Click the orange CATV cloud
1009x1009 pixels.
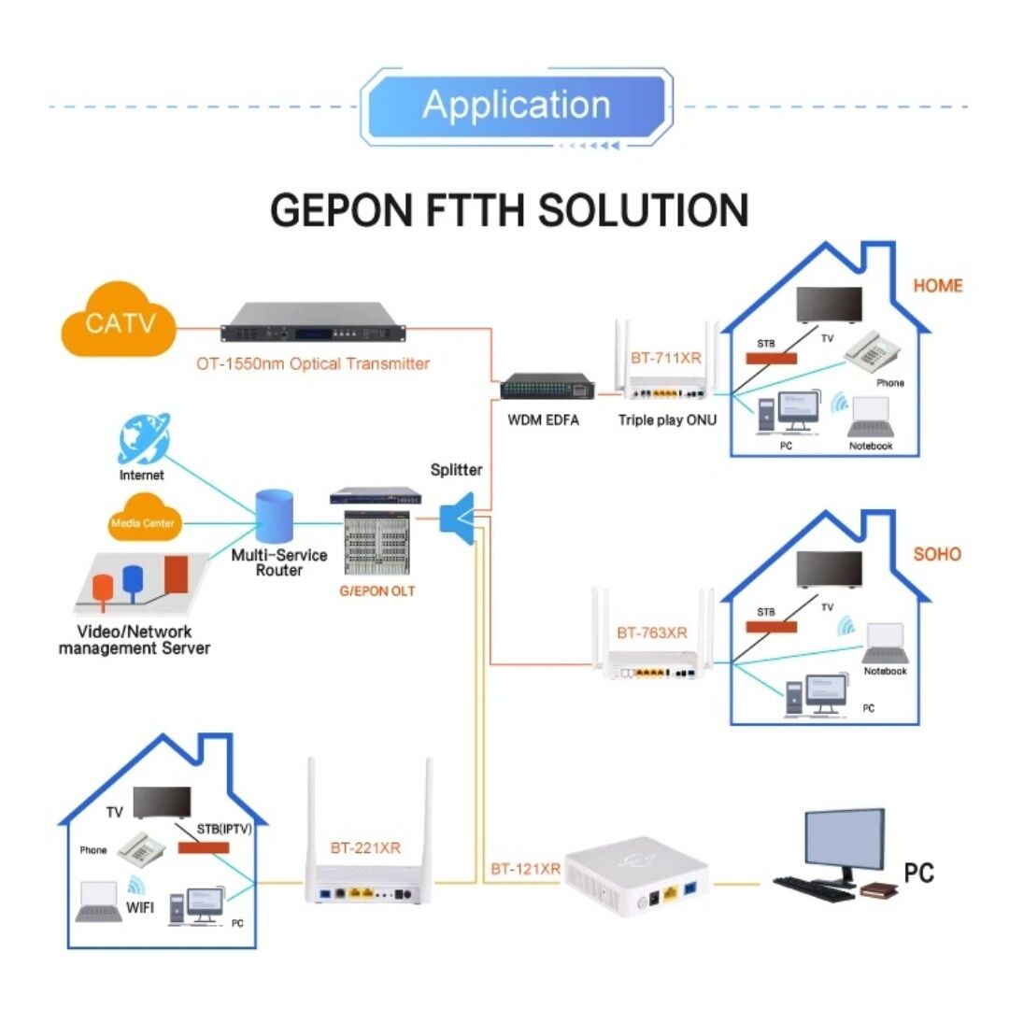[118, 323]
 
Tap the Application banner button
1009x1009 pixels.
[516, 106]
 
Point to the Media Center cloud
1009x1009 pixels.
[142, 523]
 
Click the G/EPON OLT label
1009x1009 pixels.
[377, 591]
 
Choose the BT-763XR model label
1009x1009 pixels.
[651, 632]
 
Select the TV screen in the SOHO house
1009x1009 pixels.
[828, 570]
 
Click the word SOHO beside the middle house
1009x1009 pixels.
[936, 554]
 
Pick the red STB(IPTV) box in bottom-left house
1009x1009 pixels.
[203, 847]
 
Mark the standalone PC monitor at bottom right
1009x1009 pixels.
[845, 841]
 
